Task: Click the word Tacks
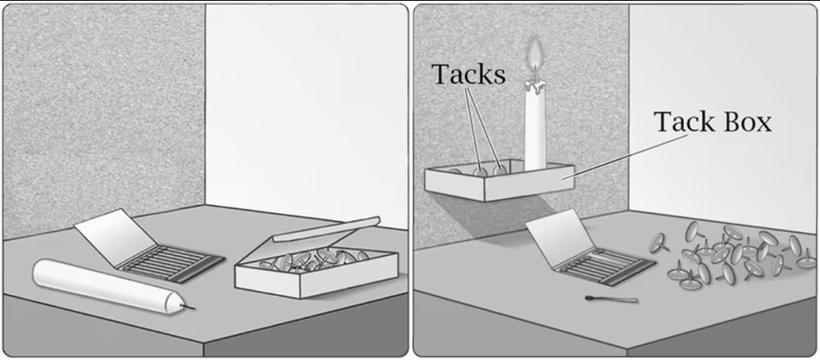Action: [x=469, y=75]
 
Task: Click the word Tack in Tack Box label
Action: [x=679, y=122]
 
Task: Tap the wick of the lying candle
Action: [x=189, y=306]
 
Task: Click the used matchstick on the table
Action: [x=612, y=299]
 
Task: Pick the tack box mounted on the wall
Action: [x=499, y=181]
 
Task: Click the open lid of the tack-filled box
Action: [x=326, y=229]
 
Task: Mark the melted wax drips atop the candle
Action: [x=535, y=85]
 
